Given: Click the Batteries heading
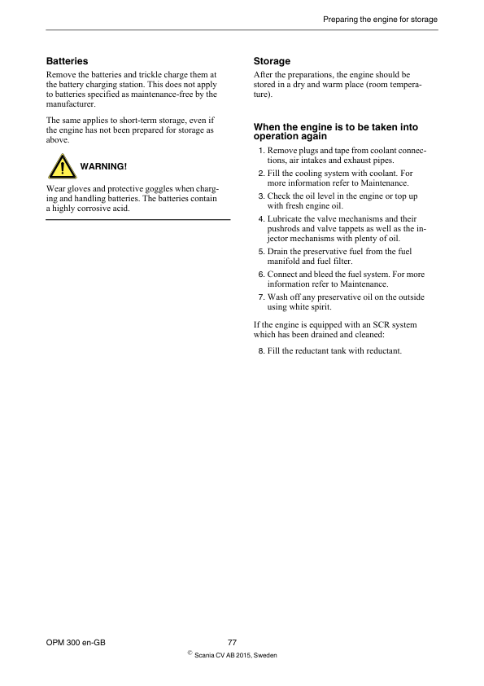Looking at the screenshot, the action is pos(67,61).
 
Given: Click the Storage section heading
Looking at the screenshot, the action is pos(272,61).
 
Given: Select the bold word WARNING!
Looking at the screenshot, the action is pos(103,166).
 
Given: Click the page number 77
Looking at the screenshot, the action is pos(232,643).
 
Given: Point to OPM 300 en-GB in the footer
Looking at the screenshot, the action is pos(76,643).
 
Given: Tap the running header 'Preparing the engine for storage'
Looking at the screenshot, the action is pos(380,19).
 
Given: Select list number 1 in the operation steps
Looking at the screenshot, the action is pos(260,152).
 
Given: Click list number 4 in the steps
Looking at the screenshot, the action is pos(260,219).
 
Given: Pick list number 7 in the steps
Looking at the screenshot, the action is pos(260,297).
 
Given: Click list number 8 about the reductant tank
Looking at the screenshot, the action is pos(260,351).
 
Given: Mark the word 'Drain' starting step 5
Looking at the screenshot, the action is pos(278,253).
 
